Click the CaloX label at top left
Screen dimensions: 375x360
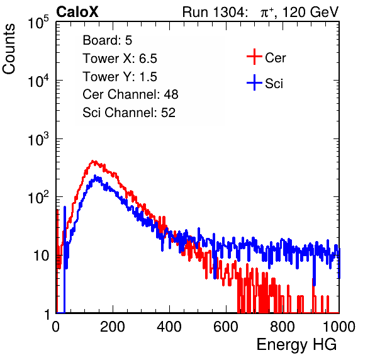pos(77,12)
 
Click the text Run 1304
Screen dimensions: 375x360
pos(213,12)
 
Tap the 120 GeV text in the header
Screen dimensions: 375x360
pos(310,12)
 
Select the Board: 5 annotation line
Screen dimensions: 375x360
pos(108,40)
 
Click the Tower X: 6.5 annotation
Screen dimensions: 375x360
pos(120,59)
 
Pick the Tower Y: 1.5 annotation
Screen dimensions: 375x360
pos(120,77)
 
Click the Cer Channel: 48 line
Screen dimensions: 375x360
pos(130,94)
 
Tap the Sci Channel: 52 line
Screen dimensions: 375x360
pos(129,113)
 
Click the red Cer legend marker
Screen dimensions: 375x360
pos(254,57)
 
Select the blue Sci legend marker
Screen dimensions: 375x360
pos(254,83)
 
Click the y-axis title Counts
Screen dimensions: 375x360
pos(9,49)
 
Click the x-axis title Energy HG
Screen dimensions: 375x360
pos(296,345)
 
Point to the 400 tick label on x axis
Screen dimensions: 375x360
pos(169,327)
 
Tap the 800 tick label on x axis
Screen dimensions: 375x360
pos(283,327)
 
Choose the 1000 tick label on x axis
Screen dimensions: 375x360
pos(339,327)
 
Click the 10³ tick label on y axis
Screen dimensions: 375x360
pos(38,139)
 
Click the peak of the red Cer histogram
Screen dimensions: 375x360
pos(94,161)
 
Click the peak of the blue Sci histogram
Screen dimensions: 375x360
pos(95,176)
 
